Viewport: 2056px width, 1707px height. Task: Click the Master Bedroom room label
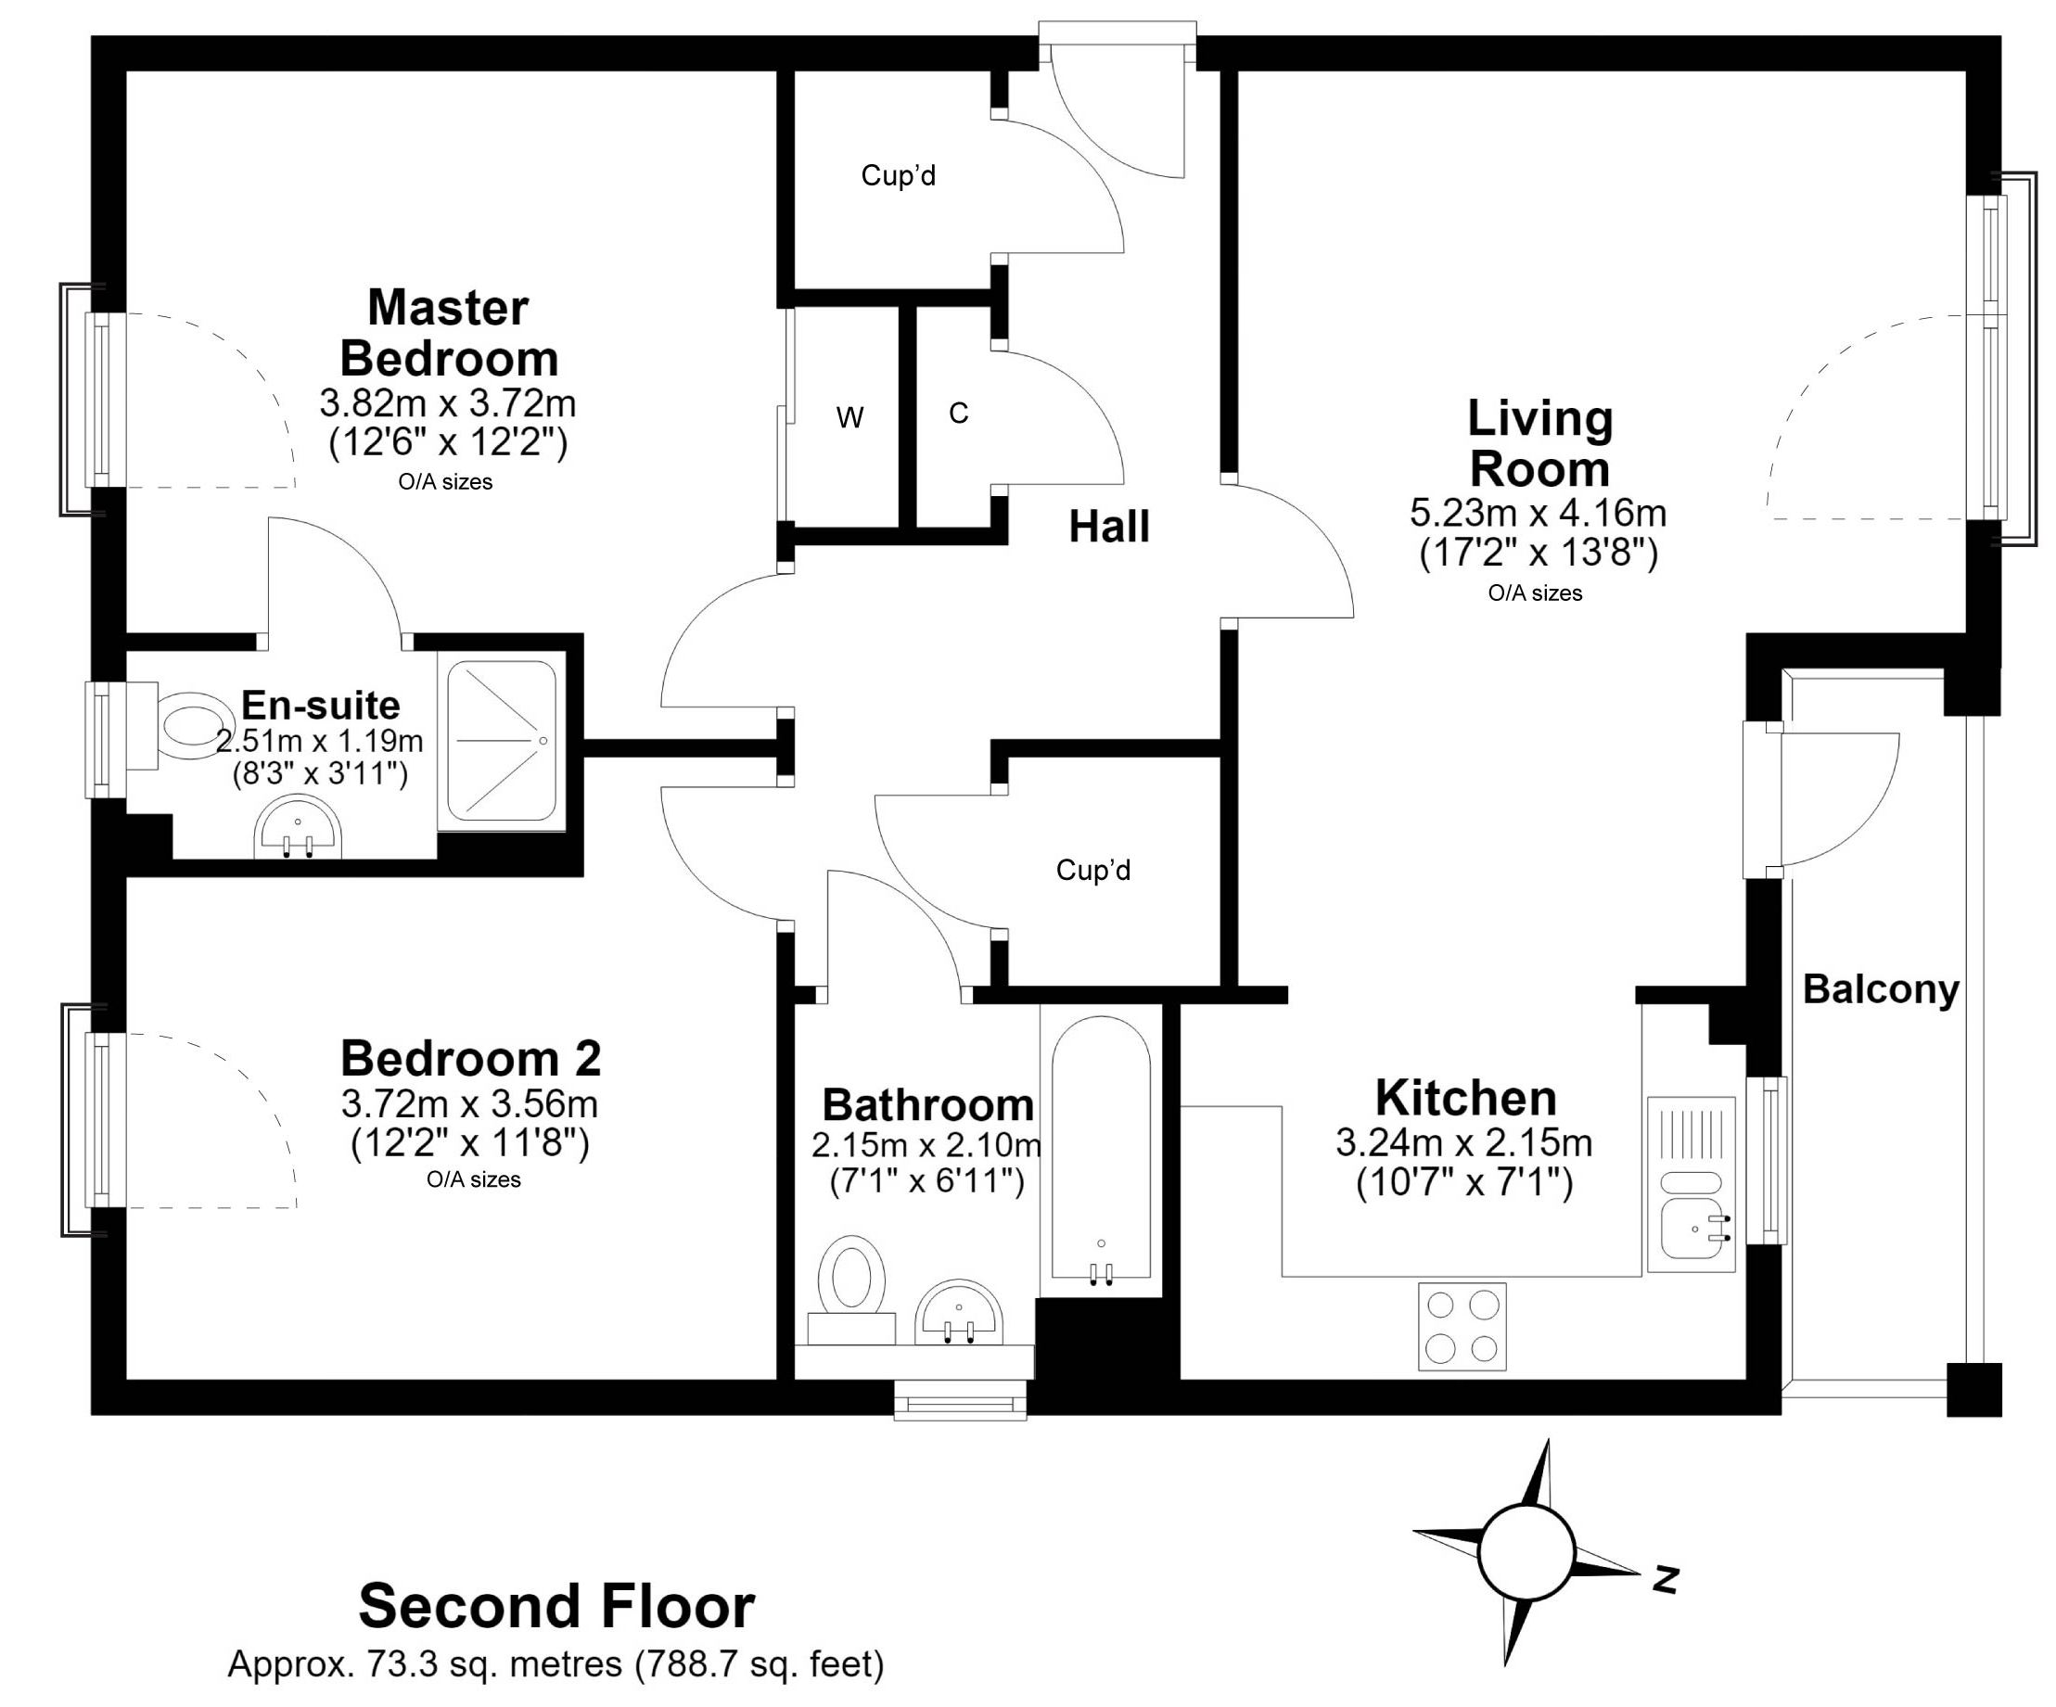pos(450,333)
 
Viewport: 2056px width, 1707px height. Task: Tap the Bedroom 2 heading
pos(470,1058)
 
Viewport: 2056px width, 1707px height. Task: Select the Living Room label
pos(1539,443)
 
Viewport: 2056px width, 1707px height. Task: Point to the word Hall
pos(1108,527)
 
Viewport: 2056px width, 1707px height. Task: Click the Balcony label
pos(1881,989)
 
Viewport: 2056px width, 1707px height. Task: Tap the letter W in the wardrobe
pos(849,418)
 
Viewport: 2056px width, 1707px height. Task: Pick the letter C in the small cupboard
pos(959,414)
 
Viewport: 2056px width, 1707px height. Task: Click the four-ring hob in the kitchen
pos(1462,1327)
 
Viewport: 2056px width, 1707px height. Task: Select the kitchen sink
pos(1691,1184)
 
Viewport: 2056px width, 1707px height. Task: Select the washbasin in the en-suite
pos(298,830)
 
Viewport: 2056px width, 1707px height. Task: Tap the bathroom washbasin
pos(959,1313)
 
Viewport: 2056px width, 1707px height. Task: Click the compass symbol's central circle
pos(1526,1552)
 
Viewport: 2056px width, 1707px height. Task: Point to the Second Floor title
pos(556,1606)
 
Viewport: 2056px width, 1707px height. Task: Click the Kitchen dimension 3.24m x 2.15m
pos(1463,1142)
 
